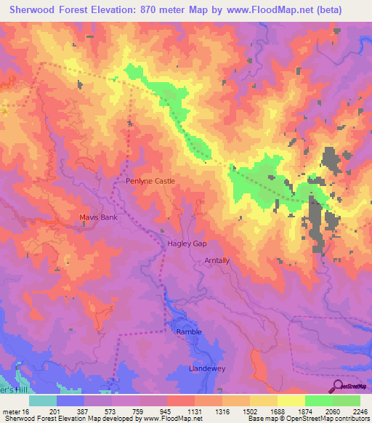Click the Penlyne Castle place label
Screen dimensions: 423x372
click(150, 181)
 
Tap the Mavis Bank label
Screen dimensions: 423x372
click(98, 217)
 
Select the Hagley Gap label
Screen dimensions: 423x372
click(187, 244)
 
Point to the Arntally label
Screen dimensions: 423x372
click(217, 260)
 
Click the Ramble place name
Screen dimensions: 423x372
click(189, 331)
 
